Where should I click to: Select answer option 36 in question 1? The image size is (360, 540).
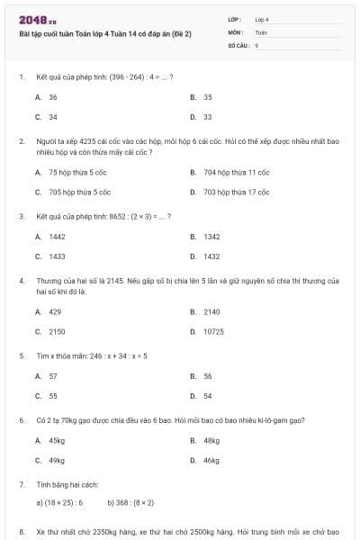coord(53,97)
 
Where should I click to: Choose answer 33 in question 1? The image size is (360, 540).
coord(207,117)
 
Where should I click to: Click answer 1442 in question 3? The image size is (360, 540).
coord(57,237)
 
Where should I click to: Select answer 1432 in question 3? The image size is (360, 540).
coord(211,256)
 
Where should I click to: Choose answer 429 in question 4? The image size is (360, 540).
coord(55,311)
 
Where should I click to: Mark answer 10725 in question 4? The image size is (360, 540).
coord(213,331)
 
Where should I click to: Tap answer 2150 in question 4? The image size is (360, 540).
coord(57,331)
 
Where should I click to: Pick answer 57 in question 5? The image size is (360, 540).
coord(53,376)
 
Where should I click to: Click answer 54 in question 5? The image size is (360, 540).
coord(208,396)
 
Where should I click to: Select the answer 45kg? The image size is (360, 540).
coord(57,441)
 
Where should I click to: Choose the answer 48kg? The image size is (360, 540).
coord(211,441)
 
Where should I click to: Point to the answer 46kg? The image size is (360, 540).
coord(211,461)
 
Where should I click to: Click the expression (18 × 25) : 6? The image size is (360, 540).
coord(59,503)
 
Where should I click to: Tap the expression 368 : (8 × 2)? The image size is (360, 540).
coord(131,503)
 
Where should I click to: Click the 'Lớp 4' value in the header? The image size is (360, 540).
coord(262,18)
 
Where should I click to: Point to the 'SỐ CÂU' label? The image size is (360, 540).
coord(238,44)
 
